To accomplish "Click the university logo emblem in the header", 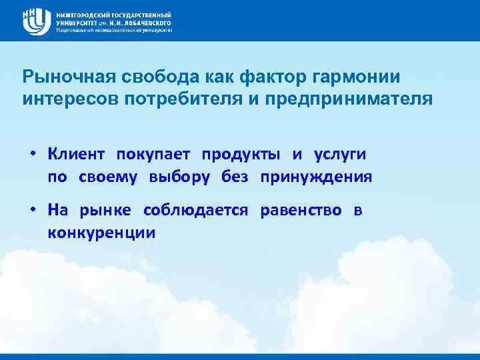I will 37,21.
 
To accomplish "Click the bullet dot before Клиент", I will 32,155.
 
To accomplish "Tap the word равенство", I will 301,211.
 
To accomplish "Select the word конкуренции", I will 101,233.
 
